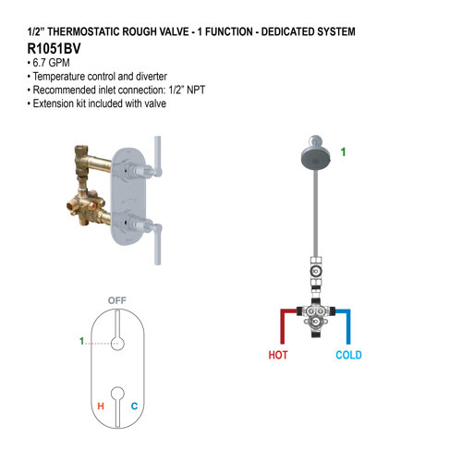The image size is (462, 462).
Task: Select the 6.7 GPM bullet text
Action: pyautogui.click(x=49, y=62)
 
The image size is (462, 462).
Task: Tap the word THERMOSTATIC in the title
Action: pyautogui.click(x=89, y=31)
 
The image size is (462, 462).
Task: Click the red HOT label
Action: pyautogui.click(x=278, y=355)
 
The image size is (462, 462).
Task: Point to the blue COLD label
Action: pyautogui.click(x=348, y=355)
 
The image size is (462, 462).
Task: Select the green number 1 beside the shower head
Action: pyautogui.click(x=344, y=151)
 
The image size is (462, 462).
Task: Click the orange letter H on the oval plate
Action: pyautogui.click(x=100, y=406)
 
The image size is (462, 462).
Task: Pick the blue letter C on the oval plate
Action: pyautogui.click(x=134, y=406)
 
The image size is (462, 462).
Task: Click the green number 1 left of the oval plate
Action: pyautogui.click(x=81, y=342)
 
